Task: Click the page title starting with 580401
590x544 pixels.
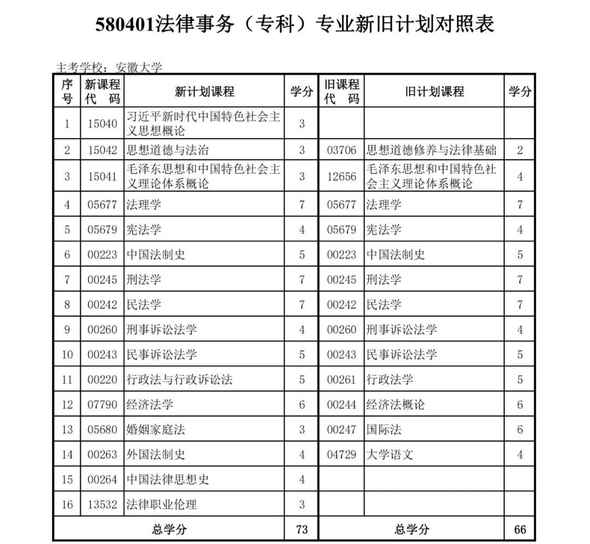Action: (294, 25)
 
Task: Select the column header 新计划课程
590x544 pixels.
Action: (204, 91)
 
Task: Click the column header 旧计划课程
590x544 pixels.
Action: (434, 91)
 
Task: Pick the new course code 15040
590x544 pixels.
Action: (102, 123)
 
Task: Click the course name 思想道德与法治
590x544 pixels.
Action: (168, 150)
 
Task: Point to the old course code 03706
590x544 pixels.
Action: (341, 150)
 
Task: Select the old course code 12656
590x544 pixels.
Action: (341, 177)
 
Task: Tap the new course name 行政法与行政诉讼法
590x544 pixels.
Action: (180, 380)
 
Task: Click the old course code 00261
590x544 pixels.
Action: (341, 380)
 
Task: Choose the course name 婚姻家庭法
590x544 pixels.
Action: (156, 430)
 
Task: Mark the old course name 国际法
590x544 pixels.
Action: (383, 430)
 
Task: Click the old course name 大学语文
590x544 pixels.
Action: (390, 454)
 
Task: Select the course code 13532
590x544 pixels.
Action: (102, 505)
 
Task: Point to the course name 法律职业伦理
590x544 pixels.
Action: (162, 505)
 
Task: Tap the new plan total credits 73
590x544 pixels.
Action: (301, 529)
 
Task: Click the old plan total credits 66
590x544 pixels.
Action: (520, 529)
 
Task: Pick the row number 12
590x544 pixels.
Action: (67, 405)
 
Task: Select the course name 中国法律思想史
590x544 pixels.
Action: (168, 480)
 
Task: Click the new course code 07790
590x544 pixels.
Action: (102, 405)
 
